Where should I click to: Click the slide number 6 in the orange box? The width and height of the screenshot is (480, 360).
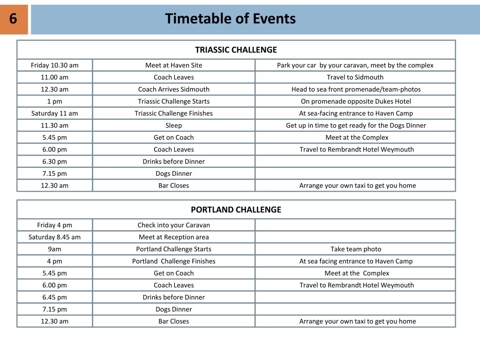[13, 19]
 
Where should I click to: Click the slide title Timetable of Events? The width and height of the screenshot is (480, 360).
[230, 19]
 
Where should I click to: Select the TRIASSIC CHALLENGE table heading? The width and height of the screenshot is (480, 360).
[236, 50]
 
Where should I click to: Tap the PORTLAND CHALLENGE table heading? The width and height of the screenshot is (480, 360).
[236, 210]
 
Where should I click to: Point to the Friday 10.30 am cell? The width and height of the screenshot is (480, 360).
[55, 65]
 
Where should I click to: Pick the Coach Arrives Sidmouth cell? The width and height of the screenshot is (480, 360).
[173, 89]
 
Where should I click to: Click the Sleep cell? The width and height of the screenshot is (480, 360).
[173, 125]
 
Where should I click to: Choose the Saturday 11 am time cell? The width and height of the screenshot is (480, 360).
[55, 113]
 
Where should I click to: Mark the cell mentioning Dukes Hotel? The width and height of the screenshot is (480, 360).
[355, 101]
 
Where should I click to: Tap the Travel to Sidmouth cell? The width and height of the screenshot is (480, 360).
[355, 77]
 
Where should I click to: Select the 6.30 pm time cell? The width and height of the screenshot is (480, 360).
[55, 161]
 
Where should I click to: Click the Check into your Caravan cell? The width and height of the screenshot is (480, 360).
[173, 225]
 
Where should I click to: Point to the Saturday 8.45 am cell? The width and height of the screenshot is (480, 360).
[55, 237]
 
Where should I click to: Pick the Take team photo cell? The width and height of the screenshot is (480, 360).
[356, 249]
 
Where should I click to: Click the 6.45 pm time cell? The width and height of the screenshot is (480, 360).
[55, 297]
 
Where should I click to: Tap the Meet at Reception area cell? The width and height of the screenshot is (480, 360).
[173, 237]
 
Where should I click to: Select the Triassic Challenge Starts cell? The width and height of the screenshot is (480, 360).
[173, 101]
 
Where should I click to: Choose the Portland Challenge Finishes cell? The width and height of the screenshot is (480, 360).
[173, 261]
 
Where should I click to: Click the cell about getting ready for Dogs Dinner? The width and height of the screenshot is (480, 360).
[356, 125]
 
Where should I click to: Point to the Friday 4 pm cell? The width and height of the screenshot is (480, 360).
[55, 225]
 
